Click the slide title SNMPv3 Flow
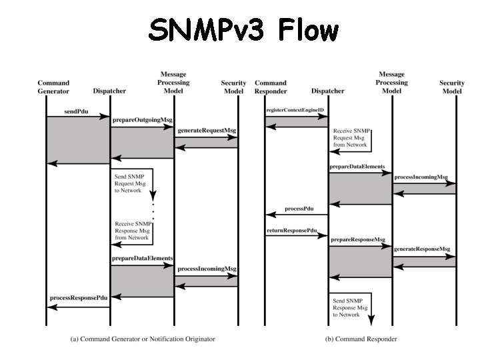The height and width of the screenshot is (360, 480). pos(243,30)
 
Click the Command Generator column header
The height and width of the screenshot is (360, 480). pos(53,87)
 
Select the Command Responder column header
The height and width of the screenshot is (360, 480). pos(271,87)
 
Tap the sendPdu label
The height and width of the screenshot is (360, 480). pos(77,107)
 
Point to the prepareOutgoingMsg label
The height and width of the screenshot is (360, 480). pos(141,119)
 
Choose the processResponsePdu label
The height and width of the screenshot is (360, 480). pos(79,298)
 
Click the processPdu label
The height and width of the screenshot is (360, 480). pos(299,208)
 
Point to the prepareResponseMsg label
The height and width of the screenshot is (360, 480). pos(358,239)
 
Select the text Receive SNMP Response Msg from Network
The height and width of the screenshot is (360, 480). pos(132,230)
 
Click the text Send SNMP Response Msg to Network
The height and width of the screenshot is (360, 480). pos(349,307)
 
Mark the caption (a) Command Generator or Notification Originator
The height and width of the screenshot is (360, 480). pos(143,339)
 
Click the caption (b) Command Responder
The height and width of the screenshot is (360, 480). pos(361,339)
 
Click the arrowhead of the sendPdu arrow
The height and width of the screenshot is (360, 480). pos(105,117)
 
